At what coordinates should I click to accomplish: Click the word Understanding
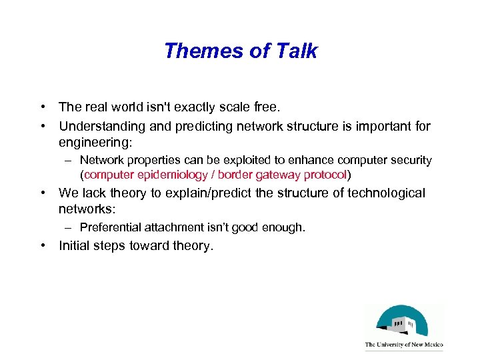(x=101, y=126)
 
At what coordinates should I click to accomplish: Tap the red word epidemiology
(x=170, y=175)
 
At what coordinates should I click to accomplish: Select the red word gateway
(x=278, y=175)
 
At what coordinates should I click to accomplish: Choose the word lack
(x=92, y=193)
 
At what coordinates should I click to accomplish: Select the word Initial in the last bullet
(x=75, y=246)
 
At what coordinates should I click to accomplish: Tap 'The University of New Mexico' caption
(x=403, y=345)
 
